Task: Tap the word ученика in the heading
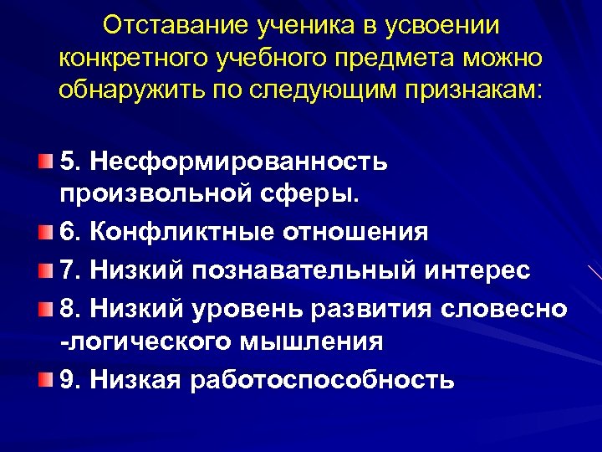coord(298,25)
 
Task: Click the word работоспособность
coord(324,381)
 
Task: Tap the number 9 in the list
coord(67,381)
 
